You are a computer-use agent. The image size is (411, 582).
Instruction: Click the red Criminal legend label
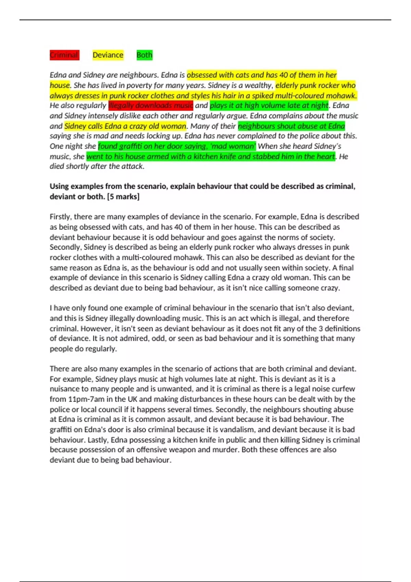tap(64, 55)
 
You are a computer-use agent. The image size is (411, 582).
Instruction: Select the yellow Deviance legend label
tap(108, 55)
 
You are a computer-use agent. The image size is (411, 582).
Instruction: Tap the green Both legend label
tap(144, 55)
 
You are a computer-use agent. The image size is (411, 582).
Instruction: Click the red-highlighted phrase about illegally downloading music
tap(151, 105)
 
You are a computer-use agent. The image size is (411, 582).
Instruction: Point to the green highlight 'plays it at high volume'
tap(269, 105)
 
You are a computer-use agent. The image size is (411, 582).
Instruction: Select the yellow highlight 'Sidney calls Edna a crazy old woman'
tap(125, 126)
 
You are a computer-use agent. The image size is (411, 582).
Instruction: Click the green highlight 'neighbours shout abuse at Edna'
tap(291, 126)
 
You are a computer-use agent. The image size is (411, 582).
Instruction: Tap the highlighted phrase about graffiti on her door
tap(177, 146)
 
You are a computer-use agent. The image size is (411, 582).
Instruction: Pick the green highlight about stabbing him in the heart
tap(211, 156)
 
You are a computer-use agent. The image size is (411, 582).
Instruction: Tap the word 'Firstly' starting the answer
tap(61, 217)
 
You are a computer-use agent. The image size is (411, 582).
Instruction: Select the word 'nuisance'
tap(65, 389)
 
